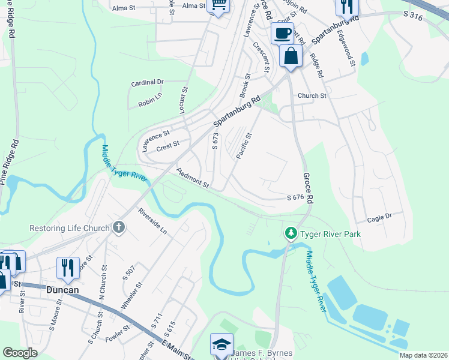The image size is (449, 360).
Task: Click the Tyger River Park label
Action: tap(331, 233)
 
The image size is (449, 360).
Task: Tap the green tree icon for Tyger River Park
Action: tap(291, 232)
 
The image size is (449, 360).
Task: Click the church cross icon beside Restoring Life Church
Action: tap(119, 227)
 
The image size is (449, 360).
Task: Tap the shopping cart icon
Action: tap(218, 5)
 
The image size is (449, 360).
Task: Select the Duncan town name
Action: tap(63, 289)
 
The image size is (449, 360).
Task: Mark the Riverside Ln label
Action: tap(152, 221)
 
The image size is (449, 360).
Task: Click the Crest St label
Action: tap(168, 145)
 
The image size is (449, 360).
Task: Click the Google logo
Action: tap(20, 353)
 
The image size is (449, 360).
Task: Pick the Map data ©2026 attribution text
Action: tap(423, 355)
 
